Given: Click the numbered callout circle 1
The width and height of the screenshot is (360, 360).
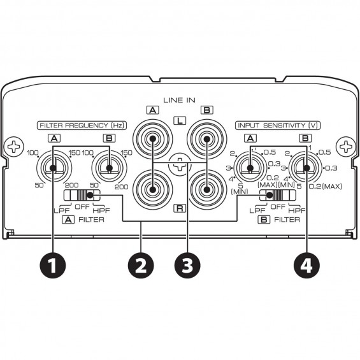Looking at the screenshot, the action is coord(53,265).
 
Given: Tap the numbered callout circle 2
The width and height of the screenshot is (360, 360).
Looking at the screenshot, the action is coord(141,265).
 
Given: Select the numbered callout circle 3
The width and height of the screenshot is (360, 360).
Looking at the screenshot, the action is coord(187,265).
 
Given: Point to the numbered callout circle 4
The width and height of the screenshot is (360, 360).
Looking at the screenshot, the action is coord(306,265).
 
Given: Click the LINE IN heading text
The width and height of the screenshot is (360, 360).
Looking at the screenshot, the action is coord(179,100).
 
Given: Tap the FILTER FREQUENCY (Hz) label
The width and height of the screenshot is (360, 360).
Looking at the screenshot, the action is coord(82,126).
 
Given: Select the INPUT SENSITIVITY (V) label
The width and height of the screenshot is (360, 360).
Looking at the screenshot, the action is coord(278,126).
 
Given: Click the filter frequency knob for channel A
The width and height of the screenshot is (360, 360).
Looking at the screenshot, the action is coord(54,168).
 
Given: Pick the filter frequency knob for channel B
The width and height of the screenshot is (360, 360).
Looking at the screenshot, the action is coord(110,168).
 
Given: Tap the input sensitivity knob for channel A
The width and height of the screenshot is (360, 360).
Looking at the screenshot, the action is coord(250,168).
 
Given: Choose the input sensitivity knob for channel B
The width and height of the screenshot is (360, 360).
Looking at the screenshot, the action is coord(306,168).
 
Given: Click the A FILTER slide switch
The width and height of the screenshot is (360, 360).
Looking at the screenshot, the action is coord(82,195).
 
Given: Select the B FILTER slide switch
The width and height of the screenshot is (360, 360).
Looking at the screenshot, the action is coord(278,195).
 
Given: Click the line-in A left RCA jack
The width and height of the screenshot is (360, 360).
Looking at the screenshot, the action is coord(152,139).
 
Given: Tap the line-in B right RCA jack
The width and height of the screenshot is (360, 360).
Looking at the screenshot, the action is coord(206,190).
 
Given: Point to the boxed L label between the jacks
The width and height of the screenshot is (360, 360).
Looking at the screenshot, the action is coord(180,120).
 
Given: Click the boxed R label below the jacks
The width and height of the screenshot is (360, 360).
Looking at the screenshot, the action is coord(180,208).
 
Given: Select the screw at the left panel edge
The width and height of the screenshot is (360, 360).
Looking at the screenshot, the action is coord(14,147).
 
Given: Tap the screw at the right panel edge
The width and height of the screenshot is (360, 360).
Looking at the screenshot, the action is coord(346,147).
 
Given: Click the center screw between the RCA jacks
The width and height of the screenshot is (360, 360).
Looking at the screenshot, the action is coord(180,164).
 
